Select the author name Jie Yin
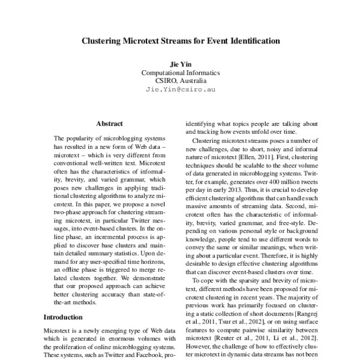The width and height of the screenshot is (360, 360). tap(181, 63)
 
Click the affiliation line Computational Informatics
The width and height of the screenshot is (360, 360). tap(181, 71)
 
